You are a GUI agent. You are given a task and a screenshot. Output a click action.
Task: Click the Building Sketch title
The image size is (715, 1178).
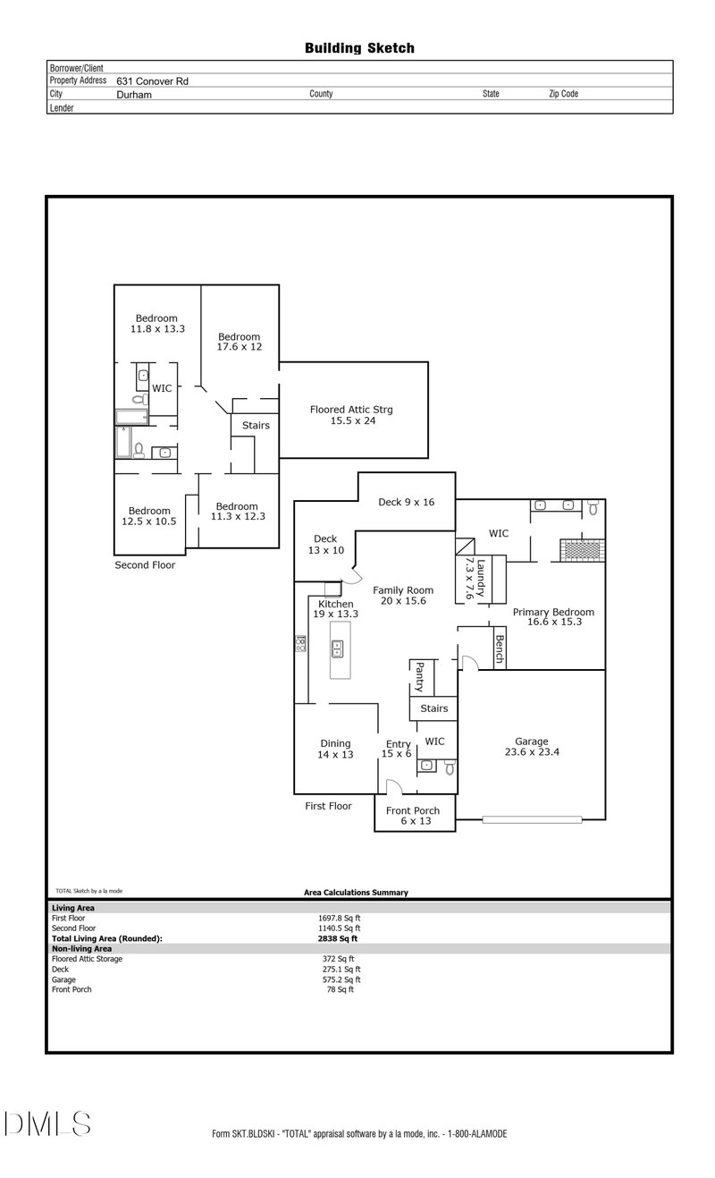click(x=359, y=48)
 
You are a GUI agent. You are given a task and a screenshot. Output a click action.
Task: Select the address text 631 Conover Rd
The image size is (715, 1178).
click(x=152, y=81)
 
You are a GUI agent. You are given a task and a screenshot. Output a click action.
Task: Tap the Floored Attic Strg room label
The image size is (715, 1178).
click(x=351, y=415)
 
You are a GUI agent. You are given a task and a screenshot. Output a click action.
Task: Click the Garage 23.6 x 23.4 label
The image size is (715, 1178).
click(x=531, y=747)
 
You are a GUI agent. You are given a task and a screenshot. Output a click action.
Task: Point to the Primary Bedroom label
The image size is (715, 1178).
click(x=553, y=616)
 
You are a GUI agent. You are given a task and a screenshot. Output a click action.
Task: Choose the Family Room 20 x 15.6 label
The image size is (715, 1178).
click(x=403, y=595)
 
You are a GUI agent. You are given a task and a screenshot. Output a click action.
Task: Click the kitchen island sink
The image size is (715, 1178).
click(x=339, y=648)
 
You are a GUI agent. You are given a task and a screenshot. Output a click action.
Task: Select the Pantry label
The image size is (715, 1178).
click(x=417, y=677)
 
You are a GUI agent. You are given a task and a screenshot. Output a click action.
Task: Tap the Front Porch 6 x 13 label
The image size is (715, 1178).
click(x=413, y=816)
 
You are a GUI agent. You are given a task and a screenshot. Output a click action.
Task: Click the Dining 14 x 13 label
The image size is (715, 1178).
click(x=335, y=749)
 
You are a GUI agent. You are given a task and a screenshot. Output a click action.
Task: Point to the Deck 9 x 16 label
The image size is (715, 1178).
click(x=406, y=502)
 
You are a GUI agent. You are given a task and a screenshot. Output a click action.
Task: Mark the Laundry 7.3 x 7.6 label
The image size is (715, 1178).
click(x=475, y=579)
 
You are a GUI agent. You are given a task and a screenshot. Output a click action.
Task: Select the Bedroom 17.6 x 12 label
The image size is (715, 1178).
click(x=239, y=342)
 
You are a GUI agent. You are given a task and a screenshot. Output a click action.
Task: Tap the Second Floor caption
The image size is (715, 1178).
click(x=145, y=565)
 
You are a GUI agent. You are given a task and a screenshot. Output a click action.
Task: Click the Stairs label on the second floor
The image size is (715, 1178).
click(x=256, y=426)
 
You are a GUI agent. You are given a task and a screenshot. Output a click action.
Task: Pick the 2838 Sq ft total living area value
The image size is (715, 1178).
click(x=338, y=938)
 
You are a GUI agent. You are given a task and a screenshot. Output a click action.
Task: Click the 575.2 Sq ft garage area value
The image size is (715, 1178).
click(x=340, y=979)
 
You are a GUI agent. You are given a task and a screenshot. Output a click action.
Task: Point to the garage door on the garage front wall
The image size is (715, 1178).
click(x=531, y=819)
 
